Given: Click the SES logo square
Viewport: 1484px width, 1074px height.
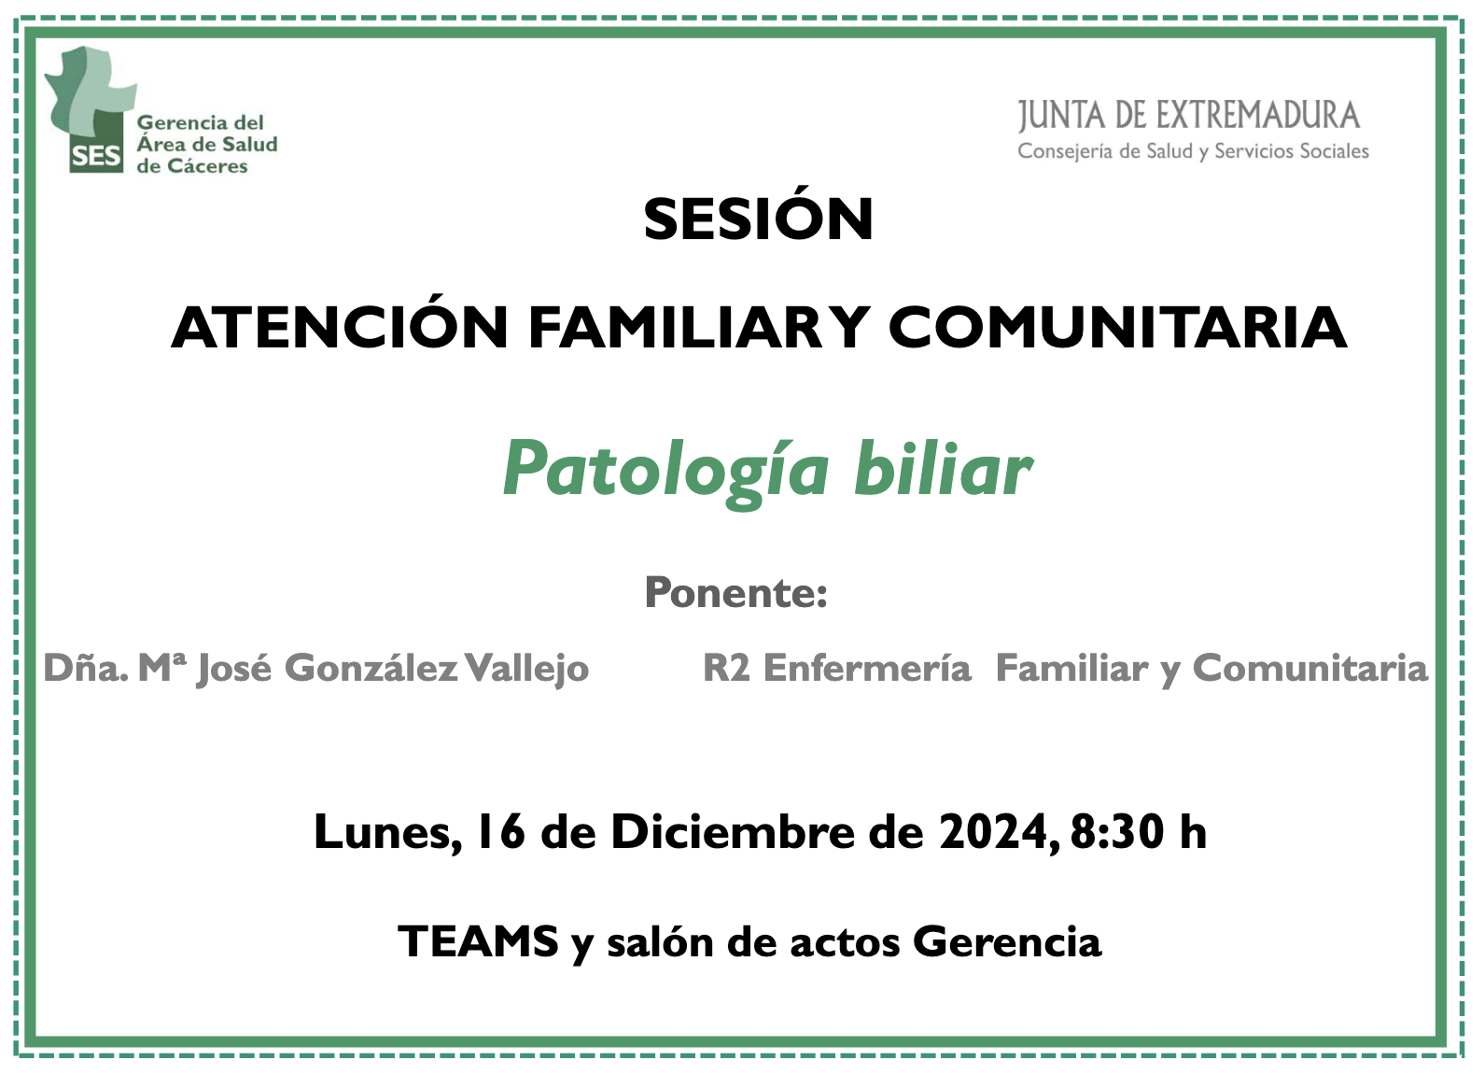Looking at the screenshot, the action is (97, 150).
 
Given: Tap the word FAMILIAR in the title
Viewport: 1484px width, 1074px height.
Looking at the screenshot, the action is (676, 328).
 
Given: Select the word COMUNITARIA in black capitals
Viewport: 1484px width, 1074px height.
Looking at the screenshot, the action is (1117, 328).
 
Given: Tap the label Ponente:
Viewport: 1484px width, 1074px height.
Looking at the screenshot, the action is (736, 592).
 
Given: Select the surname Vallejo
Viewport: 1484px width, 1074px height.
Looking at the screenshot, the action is (526, 669).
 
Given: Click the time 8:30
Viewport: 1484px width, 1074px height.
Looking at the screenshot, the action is (1117, 831).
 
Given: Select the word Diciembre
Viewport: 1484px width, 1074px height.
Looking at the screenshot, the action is (733, 831).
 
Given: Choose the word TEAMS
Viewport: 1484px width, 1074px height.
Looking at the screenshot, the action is (478, 941).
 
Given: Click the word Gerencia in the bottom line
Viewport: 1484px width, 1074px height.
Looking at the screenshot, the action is (1008, 941).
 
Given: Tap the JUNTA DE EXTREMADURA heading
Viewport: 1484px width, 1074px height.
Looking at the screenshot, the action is (1189, 116).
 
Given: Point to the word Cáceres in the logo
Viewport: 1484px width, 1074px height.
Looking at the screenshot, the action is (206, 165).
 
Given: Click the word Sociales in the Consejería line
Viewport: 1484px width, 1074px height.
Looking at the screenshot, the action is (1335, 151).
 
